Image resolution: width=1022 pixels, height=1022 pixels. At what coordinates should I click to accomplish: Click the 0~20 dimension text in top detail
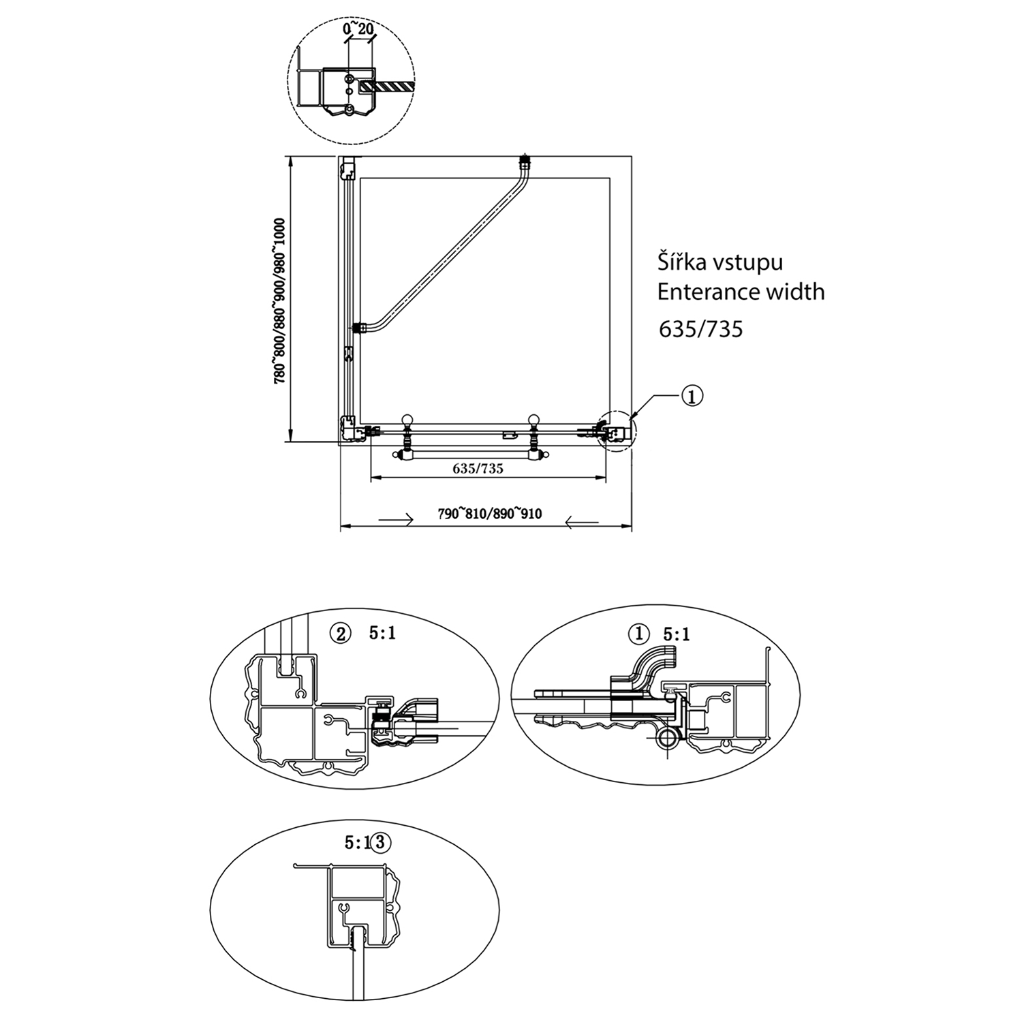click(x=358, y=29)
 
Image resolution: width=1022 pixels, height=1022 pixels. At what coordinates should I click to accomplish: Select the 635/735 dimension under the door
click(x=478, y=469)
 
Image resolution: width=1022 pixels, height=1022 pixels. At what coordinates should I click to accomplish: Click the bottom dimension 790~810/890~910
click(x=490, y=514)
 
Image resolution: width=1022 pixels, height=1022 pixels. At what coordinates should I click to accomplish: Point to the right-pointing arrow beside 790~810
click(x=395, y=521)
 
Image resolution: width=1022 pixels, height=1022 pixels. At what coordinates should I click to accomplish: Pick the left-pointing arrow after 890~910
click(x=582, y=523)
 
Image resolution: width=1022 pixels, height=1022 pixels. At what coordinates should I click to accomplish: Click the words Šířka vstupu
click(x=720, y=262)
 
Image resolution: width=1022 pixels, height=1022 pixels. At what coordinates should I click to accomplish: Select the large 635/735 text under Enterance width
click(x=700, y=330)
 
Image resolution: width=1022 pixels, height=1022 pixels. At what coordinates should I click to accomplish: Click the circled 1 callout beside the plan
click(x=692, y=396)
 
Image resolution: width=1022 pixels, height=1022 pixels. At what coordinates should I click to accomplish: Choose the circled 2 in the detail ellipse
click(x=340, y=634)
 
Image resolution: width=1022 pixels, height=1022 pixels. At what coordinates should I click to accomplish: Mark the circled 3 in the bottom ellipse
click(x=380, y=842)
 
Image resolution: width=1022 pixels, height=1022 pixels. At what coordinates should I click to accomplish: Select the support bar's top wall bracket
click(x=524, y=161)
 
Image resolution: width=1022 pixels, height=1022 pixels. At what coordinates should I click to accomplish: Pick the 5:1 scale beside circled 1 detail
click(x=677, y=634)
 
